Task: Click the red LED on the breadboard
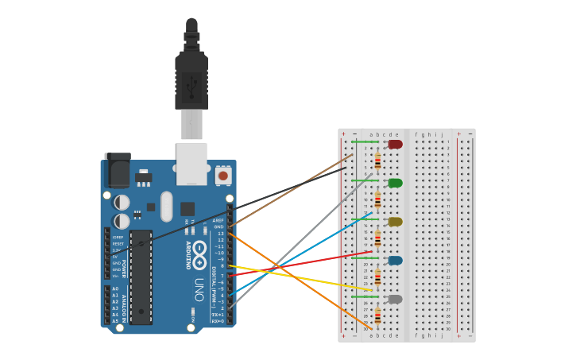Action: [395, 144]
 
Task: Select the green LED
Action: [395, 183]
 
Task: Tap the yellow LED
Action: [395, 222]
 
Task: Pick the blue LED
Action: [395, 260]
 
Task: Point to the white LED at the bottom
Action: [395, 299]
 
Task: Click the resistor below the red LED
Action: [377, 161]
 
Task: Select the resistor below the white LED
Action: [377, 316]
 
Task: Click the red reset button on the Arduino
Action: [223, 175]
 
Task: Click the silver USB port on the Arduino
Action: [191, 162]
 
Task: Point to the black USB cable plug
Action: [191, 79]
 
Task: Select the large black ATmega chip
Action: [141, 277]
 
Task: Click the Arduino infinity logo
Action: [199, 254]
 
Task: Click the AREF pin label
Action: [218, 220]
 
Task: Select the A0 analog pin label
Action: [115, 289]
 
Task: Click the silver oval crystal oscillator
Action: [166, 206]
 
